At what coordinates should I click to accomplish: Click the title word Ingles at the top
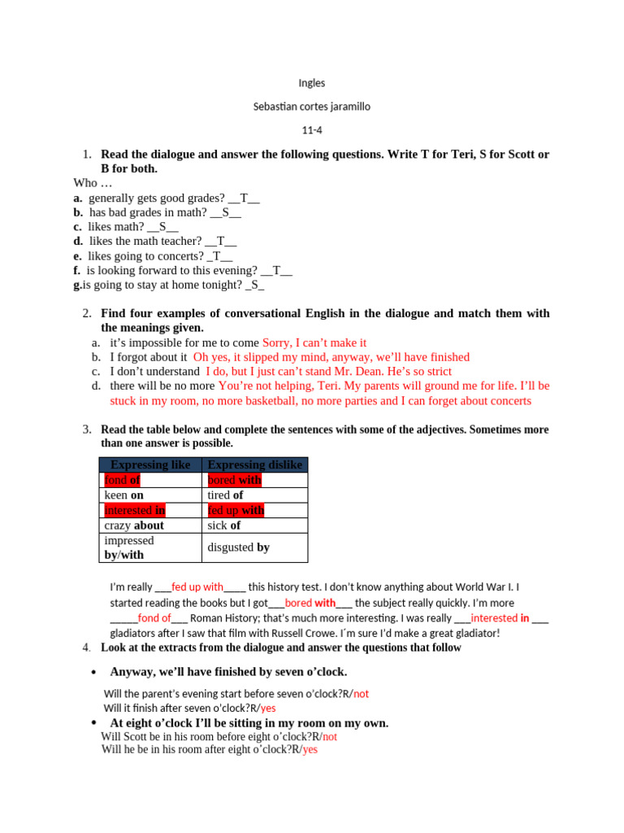(x=312, y=83)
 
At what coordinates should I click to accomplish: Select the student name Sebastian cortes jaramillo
(x=312, y=107)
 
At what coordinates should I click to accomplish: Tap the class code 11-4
(x=312, y=130)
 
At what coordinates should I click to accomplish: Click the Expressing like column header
(x=150, y=464)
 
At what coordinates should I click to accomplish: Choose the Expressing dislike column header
(x=254, y=464)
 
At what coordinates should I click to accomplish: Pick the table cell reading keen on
(x=124, y=495)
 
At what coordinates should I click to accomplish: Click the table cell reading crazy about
(x=134, y=526)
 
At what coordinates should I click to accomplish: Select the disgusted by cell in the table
(x=239, y=547)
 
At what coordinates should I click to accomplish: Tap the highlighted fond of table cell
(x=123, y=480)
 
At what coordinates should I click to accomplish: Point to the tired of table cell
(x=226, y=495)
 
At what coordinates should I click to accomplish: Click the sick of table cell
(x=224, y=526)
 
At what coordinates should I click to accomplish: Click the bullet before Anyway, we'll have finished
(x=94, y=672)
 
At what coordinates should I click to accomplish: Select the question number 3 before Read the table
(x=86, y=430)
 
